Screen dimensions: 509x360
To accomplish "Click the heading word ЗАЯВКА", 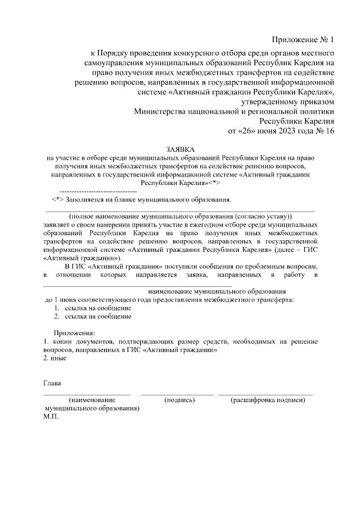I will point(180,149).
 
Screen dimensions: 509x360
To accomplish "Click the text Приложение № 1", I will point(303,40).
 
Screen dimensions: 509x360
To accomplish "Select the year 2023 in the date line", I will point(280,131).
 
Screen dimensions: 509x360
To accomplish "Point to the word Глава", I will point(52,384).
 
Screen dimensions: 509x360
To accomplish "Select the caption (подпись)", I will point(179,400).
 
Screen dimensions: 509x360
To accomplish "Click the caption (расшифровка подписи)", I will point(268,400).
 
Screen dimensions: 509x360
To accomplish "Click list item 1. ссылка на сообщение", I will point(93,308).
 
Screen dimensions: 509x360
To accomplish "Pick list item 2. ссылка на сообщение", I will point(93,317).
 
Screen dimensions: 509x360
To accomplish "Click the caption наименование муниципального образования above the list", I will point(217,292).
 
